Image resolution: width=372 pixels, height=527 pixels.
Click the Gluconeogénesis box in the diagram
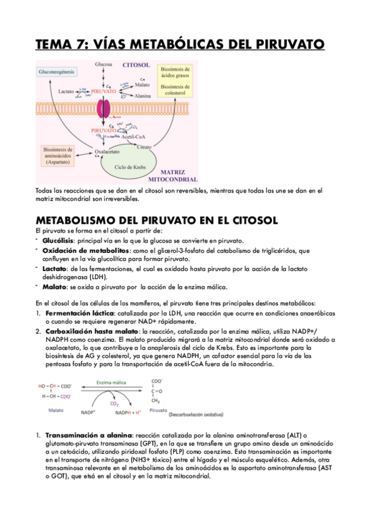(57, 73)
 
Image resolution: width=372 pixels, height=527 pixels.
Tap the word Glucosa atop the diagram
(104, 64)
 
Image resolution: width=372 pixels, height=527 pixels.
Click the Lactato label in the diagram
(66, 91)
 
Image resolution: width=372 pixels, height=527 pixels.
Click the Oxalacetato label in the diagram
(107, 152)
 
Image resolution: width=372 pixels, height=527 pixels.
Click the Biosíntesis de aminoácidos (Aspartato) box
(60, 155)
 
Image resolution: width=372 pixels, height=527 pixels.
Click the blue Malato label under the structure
(55, 410)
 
